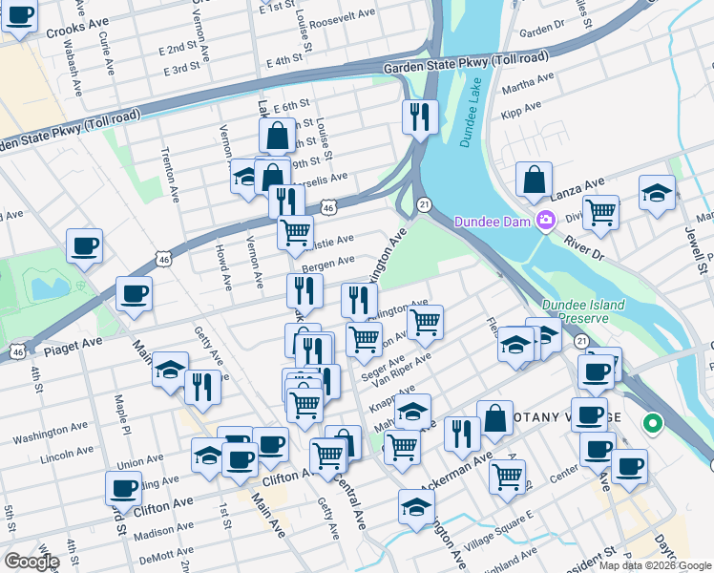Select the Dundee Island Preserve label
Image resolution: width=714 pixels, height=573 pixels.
pyautogui.click(x=583, y=312)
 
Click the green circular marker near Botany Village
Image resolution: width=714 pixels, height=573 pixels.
pyautogui.click(x=653, y=421)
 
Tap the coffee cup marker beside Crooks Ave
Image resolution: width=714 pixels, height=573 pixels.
pyautogui.click(x=19, y=16)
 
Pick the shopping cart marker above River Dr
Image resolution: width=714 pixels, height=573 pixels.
pyautogui.click(x=600, y=212)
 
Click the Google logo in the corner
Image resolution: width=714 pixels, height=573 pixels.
pyautogui.click(x=31, y=562)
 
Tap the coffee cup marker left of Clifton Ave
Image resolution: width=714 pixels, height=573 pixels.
pyautogui.click(x=123, y=487)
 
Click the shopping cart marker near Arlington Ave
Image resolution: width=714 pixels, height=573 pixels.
pyautogui.click(x=425, y=321)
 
